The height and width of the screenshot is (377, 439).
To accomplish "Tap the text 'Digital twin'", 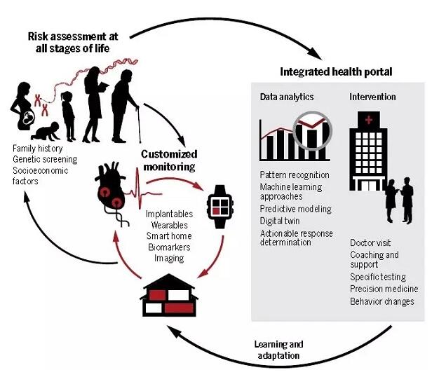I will [280, 221].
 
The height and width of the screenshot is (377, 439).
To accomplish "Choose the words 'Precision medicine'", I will [384, 289].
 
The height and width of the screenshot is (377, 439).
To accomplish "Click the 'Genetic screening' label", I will [43, 159].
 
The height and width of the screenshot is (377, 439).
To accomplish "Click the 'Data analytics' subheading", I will [286, 96].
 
